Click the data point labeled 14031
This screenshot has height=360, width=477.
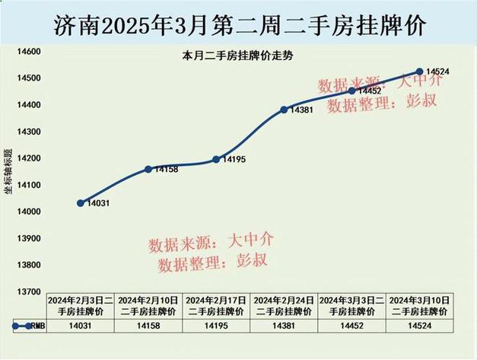pyautogui.click(x=81, y=203)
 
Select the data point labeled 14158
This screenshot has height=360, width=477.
pyautogui.click(x=148, y=169)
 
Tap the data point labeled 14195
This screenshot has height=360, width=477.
pyautogui.click(x=216, y=159)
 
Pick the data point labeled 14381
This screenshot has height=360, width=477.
pyautogui.click(x=284, y=110)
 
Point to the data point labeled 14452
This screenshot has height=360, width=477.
pyautogui.click(x=351, y=91)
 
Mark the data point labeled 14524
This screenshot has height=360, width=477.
pyautogui.click(x=419, y=72)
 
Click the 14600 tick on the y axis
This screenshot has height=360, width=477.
pyautogui.click(x=29, y=52)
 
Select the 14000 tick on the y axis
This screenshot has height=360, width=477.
pyautogui.click(x=29, y=212)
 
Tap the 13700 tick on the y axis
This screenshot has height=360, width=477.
pyautogui.click(x=29, y=292)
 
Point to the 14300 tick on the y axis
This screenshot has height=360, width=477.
pyautogui.click(x=29, y=132)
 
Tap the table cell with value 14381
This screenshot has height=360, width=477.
pyautogui.click(x=284, y=326)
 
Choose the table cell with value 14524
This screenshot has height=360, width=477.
pyautogui.click(x=419, y=326)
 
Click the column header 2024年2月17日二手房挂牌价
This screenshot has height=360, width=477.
pyautogui.click(x=216, y=306)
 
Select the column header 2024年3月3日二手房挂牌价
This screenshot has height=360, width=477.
pyautogui.click(x=351, y=306)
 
